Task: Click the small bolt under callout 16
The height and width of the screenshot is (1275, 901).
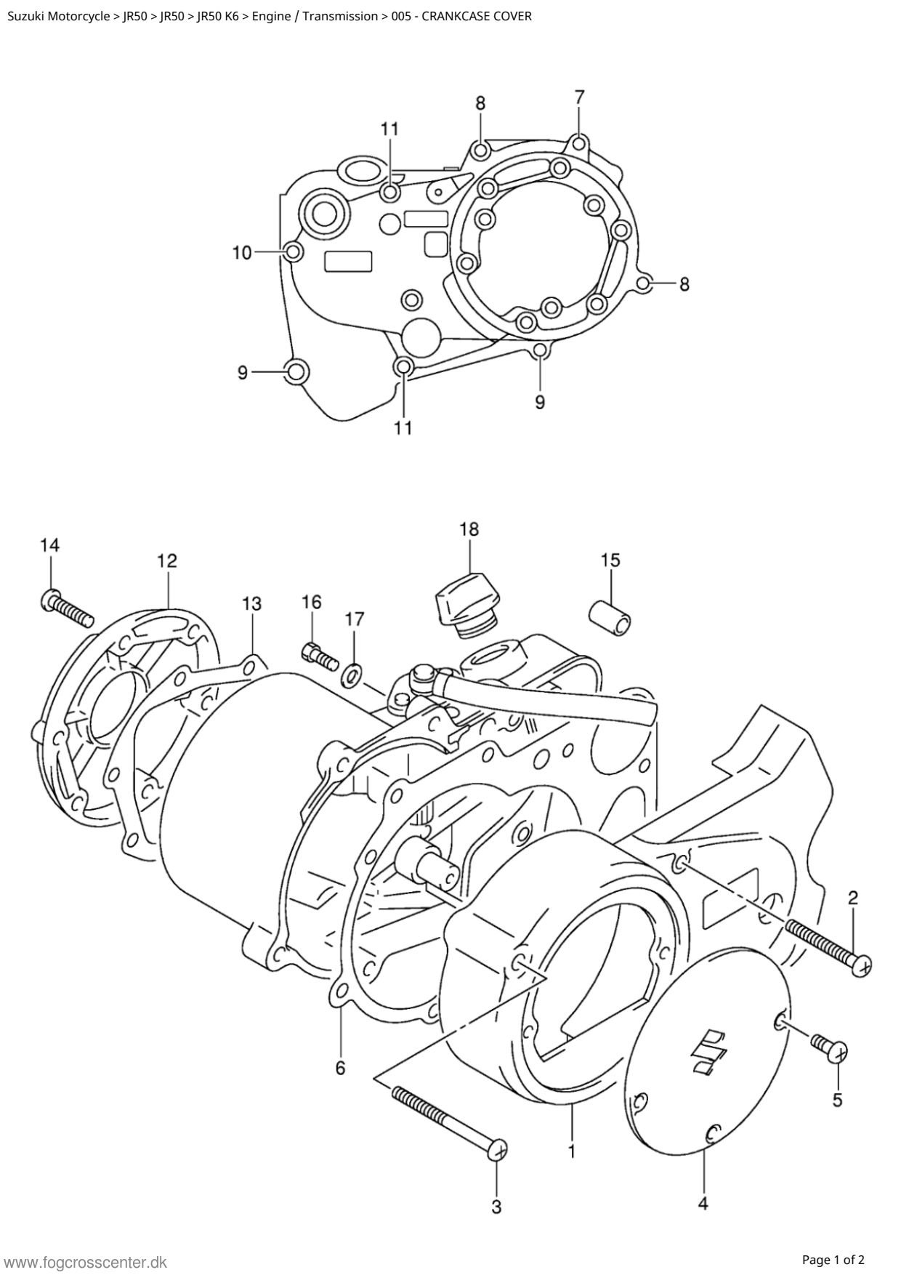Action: click(x=318, y=656)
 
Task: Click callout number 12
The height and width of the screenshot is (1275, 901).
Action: click(x=166, y=560)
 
